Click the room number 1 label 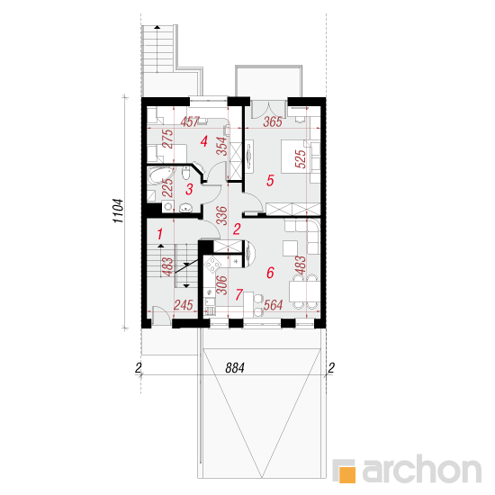(159, 234)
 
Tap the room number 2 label (237, 229)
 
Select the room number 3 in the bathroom (189, 189)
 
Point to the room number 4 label (204, 141)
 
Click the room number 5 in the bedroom (270, 181)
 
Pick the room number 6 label (270, 273)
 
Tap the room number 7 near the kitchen (239, 294)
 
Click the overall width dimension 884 (235, 368)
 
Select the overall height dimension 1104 (119, 211)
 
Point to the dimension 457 (190, 121)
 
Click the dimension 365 (273, 121)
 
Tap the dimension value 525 (301, 158)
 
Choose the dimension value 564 (273, 305)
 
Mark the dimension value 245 (184, 305)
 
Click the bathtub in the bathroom (161, 175)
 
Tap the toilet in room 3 (185, 173)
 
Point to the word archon (422, 470)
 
